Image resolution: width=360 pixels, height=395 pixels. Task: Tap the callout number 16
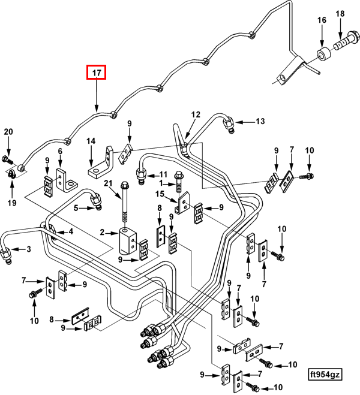pos(322,20)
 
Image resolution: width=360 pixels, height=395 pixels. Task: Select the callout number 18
pos(340,13)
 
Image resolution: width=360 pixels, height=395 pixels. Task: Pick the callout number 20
pos(8,132)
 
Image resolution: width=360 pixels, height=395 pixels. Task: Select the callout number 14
pos(91,141)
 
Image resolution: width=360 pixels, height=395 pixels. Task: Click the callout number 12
pos(195,114)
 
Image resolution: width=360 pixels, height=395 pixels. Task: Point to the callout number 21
pos(125,183)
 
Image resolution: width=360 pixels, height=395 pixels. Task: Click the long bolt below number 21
pos(125,207)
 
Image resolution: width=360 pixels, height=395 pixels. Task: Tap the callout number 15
pos(160,194)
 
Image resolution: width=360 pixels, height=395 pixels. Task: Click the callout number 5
pos(76,208)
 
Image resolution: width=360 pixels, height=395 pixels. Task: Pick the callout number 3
pos(28,249)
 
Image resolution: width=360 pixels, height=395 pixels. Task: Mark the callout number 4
pos(70,232)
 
